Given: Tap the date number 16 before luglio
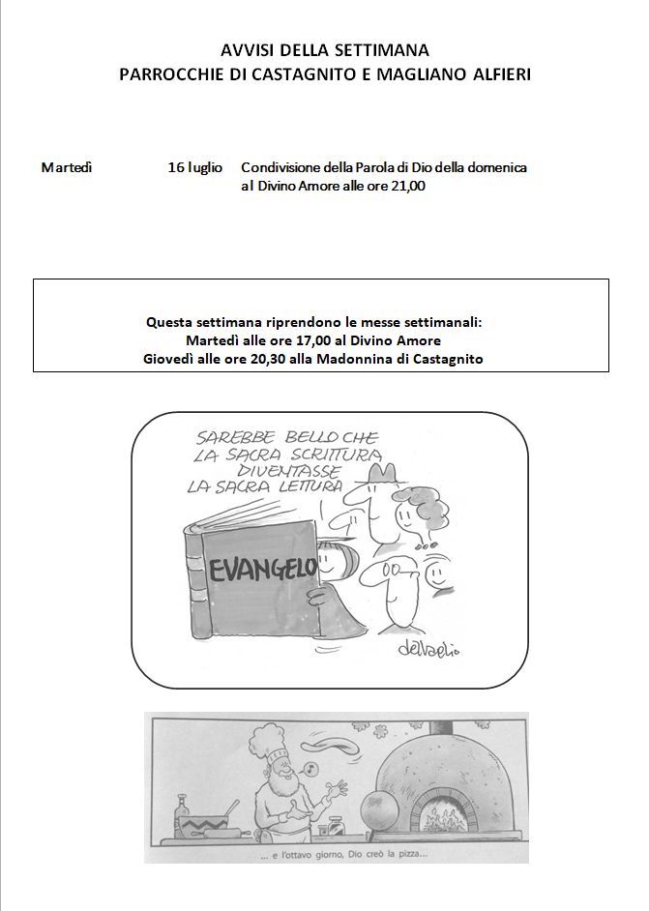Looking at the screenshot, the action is click(x=176, y=167).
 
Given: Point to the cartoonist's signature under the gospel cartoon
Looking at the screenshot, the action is click(x=428, y=650).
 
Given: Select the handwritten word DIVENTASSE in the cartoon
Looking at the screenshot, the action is click(x=289, y=471).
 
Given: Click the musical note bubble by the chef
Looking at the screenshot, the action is click(x=311, y=770).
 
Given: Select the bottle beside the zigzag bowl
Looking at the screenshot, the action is click(x=183, y=809).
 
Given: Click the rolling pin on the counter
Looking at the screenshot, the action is click(x=221, y=834).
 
